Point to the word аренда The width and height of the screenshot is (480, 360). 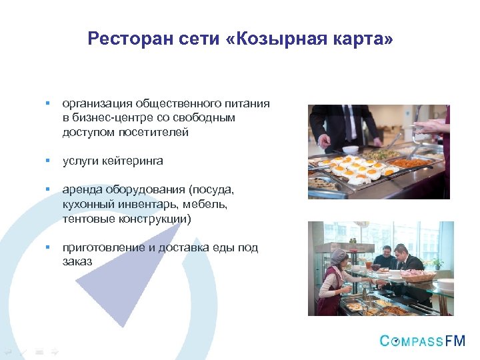(x=79, y=190)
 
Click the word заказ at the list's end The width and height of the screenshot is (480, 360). (x=77, y=261)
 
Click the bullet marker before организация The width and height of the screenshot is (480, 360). (x=47, y=103)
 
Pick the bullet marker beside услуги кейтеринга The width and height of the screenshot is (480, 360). (x=47, y=161)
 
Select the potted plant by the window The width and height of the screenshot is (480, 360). (x=437, y=263)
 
